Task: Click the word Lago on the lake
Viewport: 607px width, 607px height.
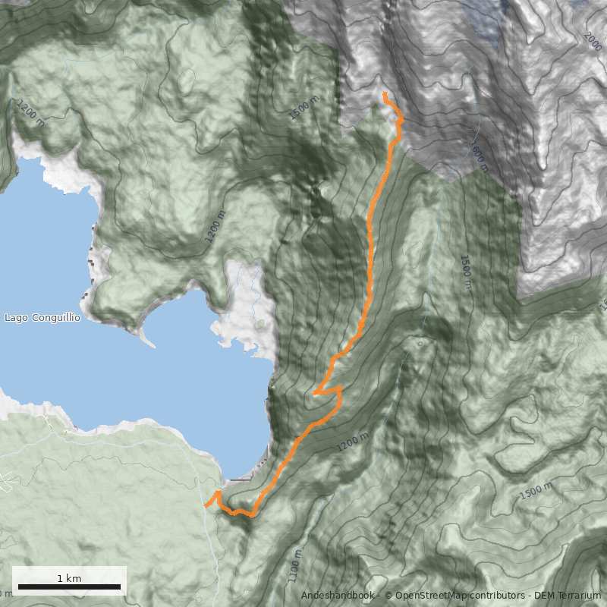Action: coord(17,318)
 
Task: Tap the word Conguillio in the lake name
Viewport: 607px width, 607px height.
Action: coord(55,318)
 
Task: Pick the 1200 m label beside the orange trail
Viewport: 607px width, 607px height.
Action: coord(353,441)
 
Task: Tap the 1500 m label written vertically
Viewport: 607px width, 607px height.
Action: coord(465,272)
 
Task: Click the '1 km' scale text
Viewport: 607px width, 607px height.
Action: coord(69,578)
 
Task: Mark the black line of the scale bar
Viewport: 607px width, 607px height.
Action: coord(69,587)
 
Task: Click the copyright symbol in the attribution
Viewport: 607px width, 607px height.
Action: coord(388,596)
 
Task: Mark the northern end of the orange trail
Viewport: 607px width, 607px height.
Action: coord(385,94)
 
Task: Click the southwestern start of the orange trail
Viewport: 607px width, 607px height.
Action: coord(206,505)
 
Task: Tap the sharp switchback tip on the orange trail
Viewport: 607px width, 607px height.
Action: coord(314,392)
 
